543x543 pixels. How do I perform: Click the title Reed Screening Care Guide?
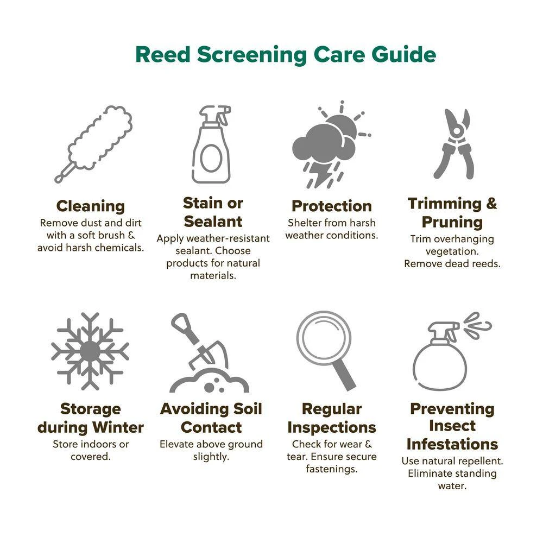coord(286,54)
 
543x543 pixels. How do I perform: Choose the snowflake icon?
coord(90,351)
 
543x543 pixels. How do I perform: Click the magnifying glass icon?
coord(325,350)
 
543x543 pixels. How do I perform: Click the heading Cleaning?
coord(90,206)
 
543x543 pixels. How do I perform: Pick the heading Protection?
coord(332,206)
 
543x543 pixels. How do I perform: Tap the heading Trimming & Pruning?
coord(452,213)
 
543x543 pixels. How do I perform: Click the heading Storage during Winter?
coord(90,418)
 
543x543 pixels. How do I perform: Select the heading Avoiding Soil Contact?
coord(211,418)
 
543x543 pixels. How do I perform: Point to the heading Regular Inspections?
coord(332,418)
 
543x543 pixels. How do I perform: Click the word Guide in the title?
coord(404,54)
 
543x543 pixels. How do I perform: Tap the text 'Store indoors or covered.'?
coord(90,450)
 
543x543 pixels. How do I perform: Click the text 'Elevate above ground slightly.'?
coord(211,450)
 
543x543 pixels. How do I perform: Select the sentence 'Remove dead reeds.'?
coord(452,264)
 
